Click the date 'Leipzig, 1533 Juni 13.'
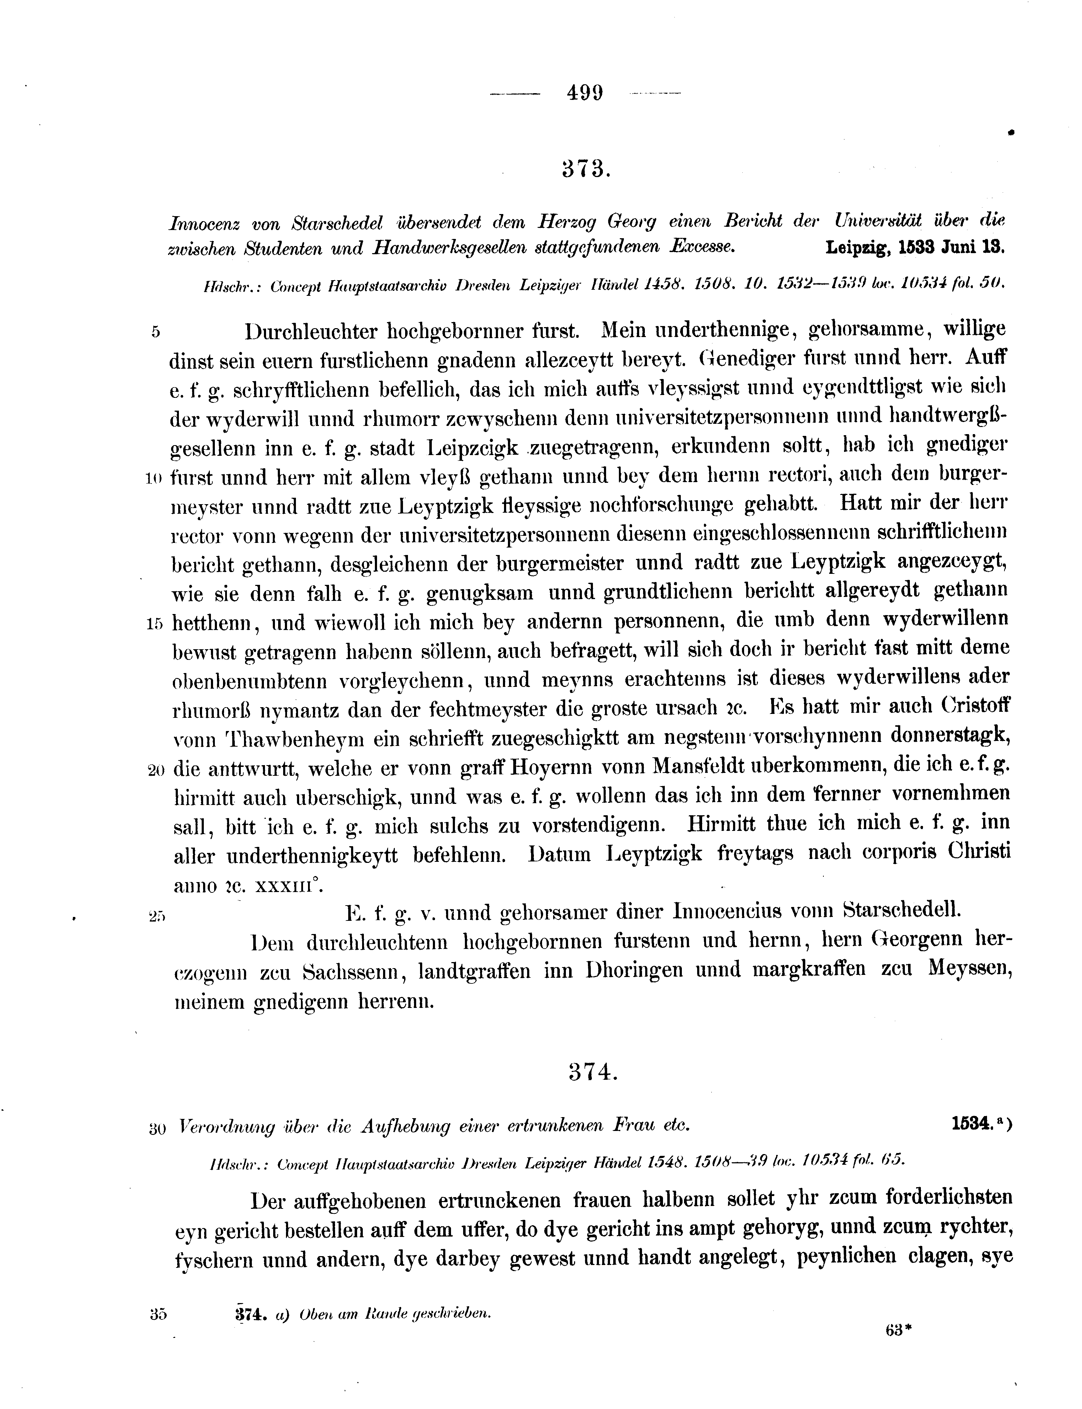pos(914,248)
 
